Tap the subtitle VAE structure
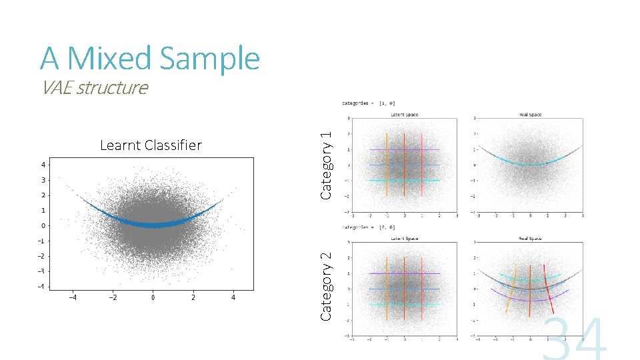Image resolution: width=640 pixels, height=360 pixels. pos(94,87)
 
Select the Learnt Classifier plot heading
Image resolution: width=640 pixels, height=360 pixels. pos(150,145)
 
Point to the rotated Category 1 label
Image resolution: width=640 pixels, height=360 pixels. pos(326,164)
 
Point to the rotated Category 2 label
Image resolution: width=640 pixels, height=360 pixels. pos(326,285)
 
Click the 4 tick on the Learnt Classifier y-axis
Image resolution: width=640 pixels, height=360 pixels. pos(44,164)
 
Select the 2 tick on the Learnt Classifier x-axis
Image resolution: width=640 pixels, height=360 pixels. pos(193,298)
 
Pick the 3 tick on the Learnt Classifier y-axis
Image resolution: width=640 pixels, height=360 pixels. pos(44,180)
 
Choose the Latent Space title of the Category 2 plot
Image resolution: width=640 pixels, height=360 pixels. pos(404,238)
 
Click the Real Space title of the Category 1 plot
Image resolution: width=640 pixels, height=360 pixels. pos(529,115)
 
